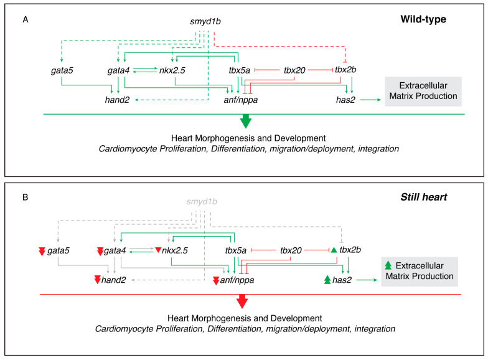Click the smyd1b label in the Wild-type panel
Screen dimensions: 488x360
point(205,21)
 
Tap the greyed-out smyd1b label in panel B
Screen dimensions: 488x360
point(202,202)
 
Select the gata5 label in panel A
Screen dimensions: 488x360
point(62,70)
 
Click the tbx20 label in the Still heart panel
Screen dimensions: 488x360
point(291,250)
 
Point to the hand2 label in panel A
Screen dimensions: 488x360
point(117,100)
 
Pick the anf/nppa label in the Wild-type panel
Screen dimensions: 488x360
point(240,100)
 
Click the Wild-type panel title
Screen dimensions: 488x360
point(423,19)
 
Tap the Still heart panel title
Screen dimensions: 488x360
point(423,197)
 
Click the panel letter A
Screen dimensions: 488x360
point(26,20)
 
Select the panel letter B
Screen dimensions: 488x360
point(26,197)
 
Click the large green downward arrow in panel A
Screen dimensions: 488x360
point(246,121)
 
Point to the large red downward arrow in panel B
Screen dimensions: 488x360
point(242,301)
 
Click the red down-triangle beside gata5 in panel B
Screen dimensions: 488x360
point(42,251)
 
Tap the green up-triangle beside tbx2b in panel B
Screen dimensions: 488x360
point(334,250)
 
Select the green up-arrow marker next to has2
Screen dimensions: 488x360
point(327,280)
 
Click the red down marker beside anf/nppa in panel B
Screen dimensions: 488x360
point(216,280)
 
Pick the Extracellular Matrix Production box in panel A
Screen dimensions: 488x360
point(423,91)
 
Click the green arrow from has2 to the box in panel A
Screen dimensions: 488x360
point(370,100)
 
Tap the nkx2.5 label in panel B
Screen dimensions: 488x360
point(174,250)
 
